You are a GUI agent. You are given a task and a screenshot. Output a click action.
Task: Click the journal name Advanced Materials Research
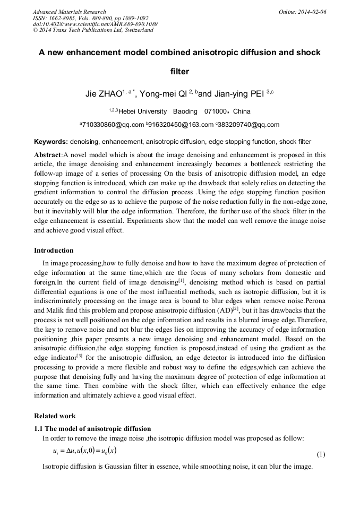[x=69, y=11]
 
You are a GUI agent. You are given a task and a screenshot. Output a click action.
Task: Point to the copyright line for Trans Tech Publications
[x=93, y=30]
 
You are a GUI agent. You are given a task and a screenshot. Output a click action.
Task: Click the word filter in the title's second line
[x=179, y=71]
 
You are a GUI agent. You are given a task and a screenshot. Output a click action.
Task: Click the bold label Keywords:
[x=51, y=142]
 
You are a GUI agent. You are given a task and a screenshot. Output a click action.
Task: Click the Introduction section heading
[x=54, y=250]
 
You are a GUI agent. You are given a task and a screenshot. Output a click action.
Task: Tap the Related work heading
[x=55, y=416]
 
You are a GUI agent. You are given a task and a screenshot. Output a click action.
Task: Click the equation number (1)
[x=321, y=454]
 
